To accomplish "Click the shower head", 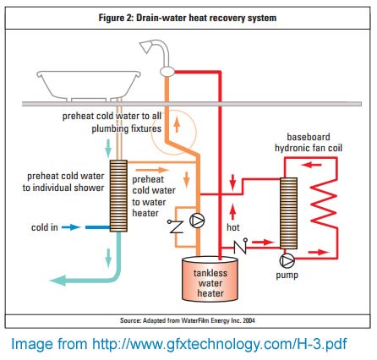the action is point(146,47).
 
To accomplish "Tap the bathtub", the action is point(89,85).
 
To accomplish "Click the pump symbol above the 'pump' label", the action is point(287,260).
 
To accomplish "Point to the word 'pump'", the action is point(287,275).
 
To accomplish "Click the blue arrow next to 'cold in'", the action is point(71,227).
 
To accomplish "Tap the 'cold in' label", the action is point(45,227).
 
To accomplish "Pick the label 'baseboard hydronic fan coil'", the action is point(309,143).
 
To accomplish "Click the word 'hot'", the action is point(233,227).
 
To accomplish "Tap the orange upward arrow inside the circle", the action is point(177,125).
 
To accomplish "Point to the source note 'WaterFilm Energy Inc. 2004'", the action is point(218,320).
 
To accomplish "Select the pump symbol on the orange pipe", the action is point(197,221).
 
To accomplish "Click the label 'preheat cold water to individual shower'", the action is point(63,182).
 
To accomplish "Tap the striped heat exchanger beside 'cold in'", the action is point(118,196).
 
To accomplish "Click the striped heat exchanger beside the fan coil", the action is point(288,213).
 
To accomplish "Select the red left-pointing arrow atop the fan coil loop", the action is point(311,165).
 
